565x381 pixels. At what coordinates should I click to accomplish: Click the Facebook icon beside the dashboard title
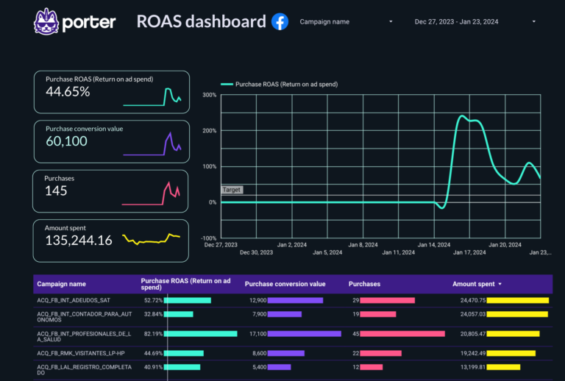click(280, 21)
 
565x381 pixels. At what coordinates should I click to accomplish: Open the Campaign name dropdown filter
click(346, 22)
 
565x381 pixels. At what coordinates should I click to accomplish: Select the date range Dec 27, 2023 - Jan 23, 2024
click(457, 22)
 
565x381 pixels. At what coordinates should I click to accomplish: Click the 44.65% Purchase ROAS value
click(68, 92)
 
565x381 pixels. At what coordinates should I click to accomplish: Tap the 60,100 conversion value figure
click(66, 141)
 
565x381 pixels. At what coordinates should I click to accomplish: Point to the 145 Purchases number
click(56, 191)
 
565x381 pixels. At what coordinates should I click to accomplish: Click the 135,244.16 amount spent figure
click(79, 241)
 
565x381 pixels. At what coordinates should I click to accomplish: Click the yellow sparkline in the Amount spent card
click(152, 238)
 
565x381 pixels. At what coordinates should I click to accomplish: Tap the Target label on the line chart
click(232, 190)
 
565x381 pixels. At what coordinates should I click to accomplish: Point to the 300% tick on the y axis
click(209, 95)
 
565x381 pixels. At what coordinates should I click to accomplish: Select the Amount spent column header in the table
click(475, 283)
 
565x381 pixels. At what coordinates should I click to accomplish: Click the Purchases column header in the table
click(364, 283)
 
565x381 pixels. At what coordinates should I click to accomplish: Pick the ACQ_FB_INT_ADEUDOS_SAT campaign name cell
click(74, 300)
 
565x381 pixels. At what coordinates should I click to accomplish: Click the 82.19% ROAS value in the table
click(152, 334)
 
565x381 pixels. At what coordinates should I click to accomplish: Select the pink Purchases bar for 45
click(403, 334)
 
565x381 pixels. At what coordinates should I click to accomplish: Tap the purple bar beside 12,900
click(295, 300)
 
